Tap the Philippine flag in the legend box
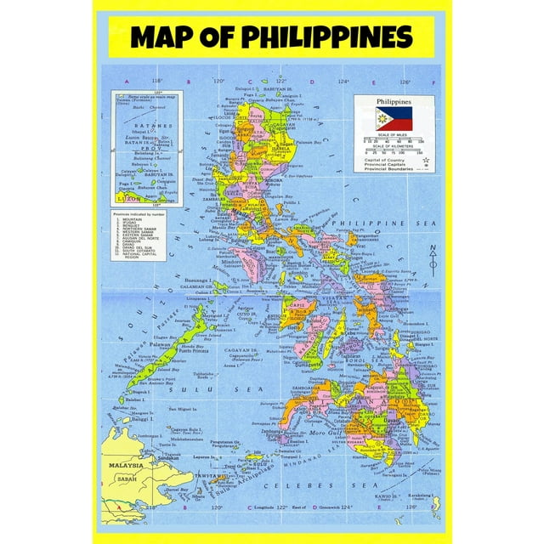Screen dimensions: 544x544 click(x=394, y=118)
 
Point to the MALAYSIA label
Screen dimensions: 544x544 click(x=124, y=465)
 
